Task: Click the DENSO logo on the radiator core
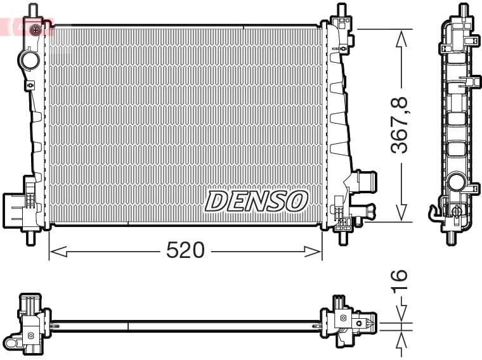pos(256,201)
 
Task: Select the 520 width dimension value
pos(185,251)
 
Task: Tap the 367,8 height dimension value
pos(399,125)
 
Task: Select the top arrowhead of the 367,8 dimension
pos(401,39)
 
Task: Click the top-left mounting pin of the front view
pos(34,10)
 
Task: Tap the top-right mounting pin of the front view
pos(342,10)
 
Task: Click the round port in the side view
pos(456,183)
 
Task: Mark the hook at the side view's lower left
pos(434,212)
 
